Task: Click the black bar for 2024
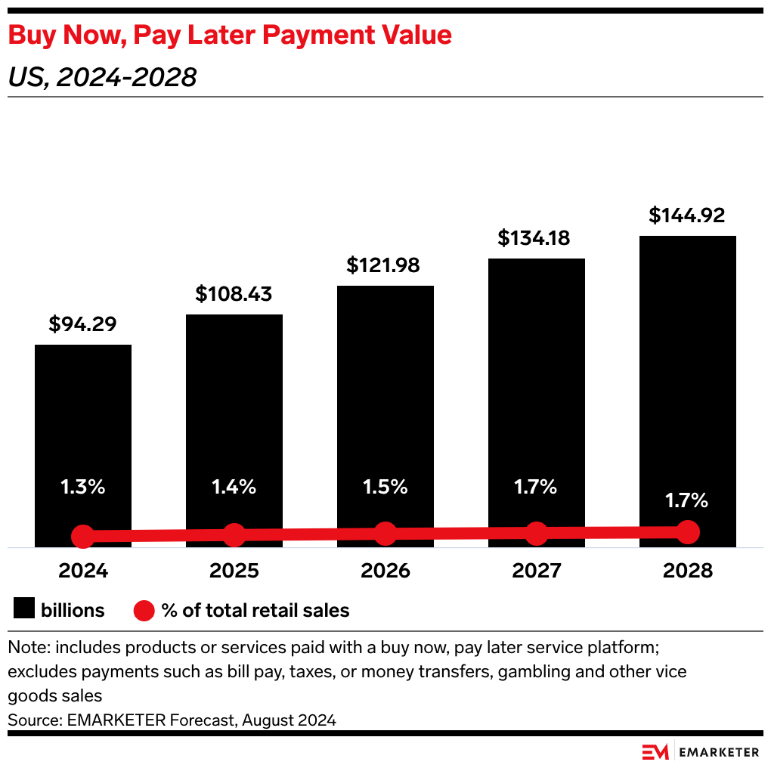tap(83, 423)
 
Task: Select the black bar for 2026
tap(385, 393)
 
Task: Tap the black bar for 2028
tap(688, 363)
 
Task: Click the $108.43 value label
tap(234, 294)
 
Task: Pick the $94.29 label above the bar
tap(82, 324)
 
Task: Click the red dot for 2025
tap(234, 535)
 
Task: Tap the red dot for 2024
tap(83, 537)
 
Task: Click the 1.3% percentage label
tap(83, 487)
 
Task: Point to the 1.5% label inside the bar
tap(385, 487)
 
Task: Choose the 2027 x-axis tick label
tap(537, 570)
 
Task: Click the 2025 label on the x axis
tap(234, 570)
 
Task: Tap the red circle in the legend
tap(144, 610)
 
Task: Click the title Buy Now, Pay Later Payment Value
tap(230, 36)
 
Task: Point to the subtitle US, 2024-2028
tap(102, 77)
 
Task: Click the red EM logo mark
tap(655, 751)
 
